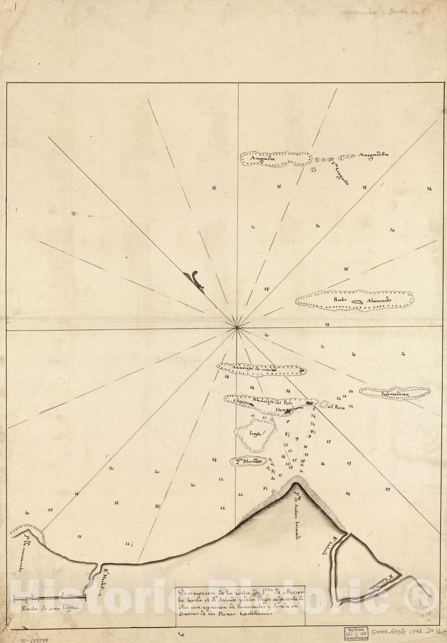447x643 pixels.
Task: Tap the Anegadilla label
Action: pyautogui.click(x=374, y=155)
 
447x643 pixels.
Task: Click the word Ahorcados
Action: pyautogui.click(x=380, y=300)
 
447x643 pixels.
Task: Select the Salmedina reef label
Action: pyautogui.click(x=395, y=395)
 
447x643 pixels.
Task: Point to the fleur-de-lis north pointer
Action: pyautogui.click(x=194, y=280)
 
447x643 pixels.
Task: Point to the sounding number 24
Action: pyautogui.click(x=429, y=189)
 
